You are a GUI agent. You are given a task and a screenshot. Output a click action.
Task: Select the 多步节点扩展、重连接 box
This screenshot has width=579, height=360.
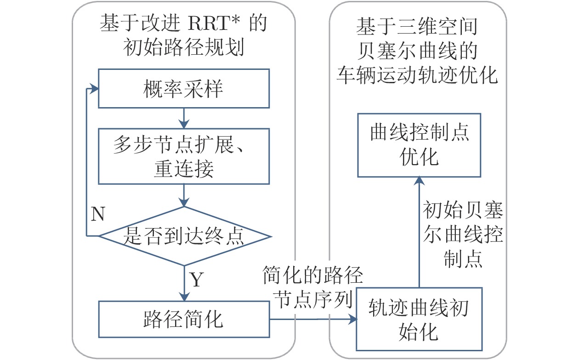pyautogui.click(x=184, y=156)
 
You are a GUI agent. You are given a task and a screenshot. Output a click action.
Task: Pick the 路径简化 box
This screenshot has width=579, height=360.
pyautogui.click(x=184, y=319)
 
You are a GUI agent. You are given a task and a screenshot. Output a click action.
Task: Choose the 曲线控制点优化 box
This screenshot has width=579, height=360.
pyautogui.click(x=419, y=145)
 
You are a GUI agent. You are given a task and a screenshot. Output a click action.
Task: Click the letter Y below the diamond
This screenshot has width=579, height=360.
pyautogui.click(x=196, y=280)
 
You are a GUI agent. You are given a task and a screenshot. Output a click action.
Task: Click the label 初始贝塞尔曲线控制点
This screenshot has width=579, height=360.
pyautogui.click(x=463, y=235)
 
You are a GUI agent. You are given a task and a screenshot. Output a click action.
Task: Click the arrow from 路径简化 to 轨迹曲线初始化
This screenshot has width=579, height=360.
pyautogui.click(x=312, y=318)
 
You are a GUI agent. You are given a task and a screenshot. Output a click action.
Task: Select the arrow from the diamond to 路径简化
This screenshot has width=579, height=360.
pyautogui.click(x=184, y=283)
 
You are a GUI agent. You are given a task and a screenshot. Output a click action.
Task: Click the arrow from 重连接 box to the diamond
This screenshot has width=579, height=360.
pyautogui.click(x=184, y=195)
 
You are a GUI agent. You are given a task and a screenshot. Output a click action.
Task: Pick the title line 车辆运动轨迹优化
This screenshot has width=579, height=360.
pyautogui.click(x=417, y=75)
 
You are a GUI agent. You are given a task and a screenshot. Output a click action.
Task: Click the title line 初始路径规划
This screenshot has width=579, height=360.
pyautogui.click(x=184, y=47)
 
